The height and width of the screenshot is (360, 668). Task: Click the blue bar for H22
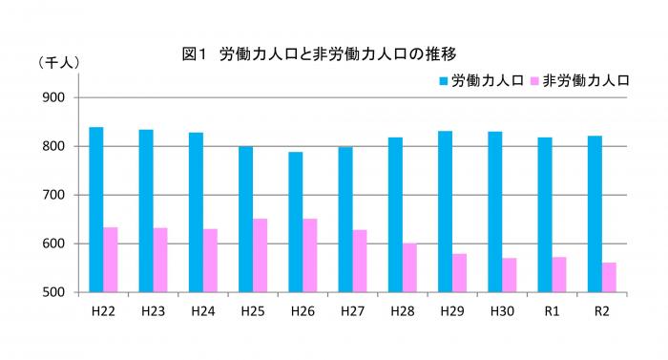tap(96, 209)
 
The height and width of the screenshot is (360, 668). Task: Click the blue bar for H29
tap(445, 211)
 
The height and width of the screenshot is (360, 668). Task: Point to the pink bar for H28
tap(409, 267)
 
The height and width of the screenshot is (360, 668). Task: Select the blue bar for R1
tap(544, 215)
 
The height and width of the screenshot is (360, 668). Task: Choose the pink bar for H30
tap(510, 275)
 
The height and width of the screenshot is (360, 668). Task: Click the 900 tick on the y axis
tap(53, 98)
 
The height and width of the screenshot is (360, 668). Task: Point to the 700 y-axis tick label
tap(53, 195)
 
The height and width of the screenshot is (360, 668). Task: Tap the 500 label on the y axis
tap(53, 292)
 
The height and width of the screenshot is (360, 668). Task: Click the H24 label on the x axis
tap(202, 310)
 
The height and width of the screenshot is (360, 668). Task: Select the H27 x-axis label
tap(352, 310)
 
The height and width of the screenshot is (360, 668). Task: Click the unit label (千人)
tap(59, 62)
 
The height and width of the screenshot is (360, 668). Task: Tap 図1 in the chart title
tap(194, 53)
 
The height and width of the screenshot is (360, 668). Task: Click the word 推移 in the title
tap(453, 53)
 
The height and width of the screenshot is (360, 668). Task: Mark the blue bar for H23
tap(146, 211)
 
